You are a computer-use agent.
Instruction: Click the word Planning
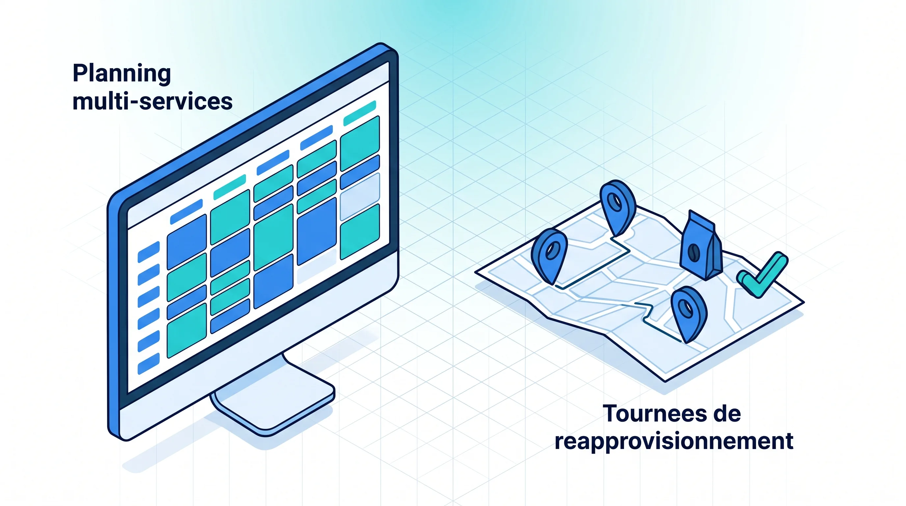pyautogui.click(x=122, y=74)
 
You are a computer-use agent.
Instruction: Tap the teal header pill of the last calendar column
pyautogui.click(x=360, y=113)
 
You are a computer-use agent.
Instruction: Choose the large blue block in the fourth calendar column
pyautogui.click(x=316, y=231)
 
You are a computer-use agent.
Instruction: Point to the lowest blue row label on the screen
pyautogui.click(x=148, y=363)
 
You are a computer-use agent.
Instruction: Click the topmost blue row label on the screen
pyautogui.click(x=148, y=252)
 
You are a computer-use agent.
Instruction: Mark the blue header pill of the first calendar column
pyautogui.click(x=186, y=212)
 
